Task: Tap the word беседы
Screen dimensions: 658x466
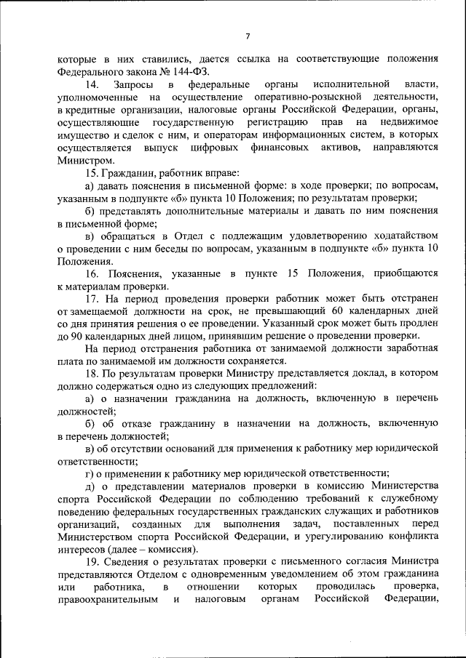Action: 186,248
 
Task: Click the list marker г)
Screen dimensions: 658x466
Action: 90,473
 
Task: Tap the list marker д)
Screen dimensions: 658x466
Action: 90,486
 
